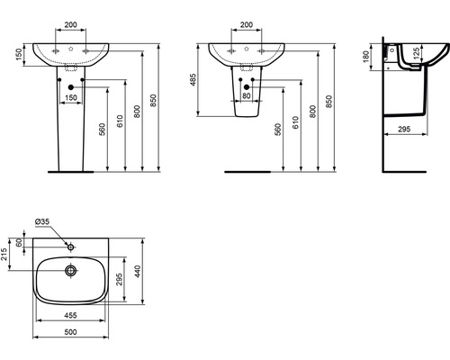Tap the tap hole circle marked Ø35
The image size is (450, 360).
(71, 246)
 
